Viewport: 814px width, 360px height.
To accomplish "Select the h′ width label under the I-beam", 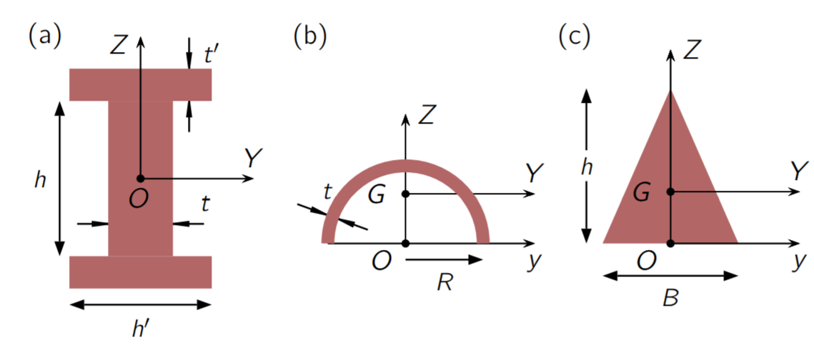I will tap(140, 329).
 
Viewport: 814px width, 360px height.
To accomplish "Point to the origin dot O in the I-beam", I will tap(141, 178).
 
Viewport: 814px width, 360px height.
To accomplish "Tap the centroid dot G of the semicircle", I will tap(405, 194).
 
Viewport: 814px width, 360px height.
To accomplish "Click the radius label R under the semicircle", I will tap(445, 283).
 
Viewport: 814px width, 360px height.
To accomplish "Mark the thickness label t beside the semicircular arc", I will tap(327, 192).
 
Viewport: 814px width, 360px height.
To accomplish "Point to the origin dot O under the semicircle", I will tap(405, 244).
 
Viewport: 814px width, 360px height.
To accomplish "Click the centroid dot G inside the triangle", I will tap(670, 191).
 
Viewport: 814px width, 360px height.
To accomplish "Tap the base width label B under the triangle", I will tap(670, 298).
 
